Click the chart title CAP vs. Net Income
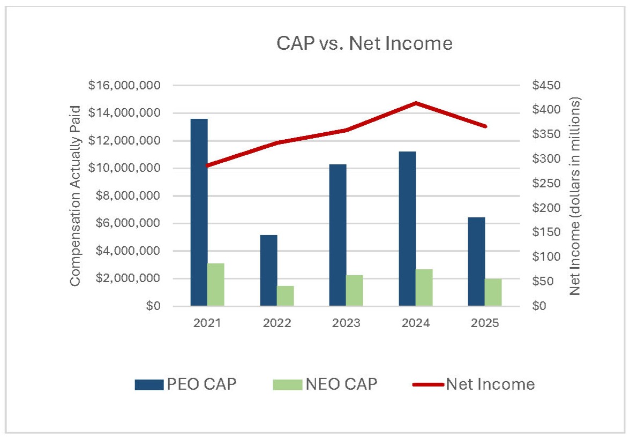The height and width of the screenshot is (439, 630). (x=364, y=43)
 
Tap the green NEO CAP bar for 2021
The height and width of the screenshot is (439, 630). (x=216, y=285)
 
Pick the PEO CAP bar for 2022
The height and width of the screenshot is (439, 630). (x=268, y=270)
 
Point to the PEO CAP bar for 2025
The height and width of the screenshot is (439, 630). (x=476, y=262)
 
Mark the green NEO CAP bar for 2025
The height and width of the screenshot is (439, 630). (x=493, y=292)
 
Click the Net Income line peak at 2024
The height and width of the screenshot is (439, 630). (x=416, y=103)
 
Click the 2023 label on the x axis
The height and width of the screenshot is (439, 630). (x=346, y=323)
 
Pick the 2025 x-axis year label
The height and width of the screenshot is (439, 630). (x=485, y=323)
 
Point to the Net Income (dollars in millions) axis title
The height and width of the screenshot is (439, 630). (x=575, y=196)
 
